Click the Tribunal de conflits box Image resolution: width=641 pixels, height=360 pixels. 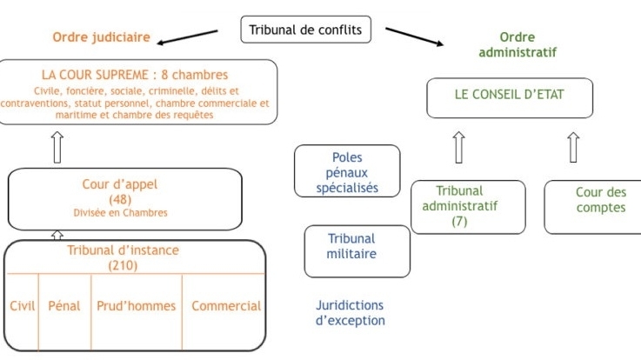305,30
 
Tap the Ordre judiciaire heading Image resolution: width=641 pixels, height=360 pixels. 102,37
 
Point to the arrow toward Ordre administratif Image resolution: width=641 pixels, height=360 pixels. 416,38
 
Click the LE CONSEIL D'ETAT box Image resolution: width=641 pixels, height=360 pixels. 510,97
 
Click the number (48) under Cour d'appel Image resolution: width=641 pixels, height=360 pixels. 120,199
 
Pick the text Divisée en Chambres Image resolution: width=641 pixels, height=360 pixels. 120,212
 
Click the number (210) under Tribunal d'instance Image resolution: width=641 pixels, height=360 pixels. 123,265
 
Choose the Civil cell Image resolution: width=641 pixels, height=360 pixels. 22,306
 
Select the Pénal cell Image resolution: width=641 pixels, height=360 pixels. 64,306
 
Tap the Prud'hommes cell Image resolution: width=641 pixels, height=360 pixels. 137,306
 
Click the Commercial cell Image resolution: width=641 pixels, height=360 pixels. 225,306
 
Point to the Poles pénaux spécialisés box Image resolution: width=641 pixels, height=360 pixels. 347,171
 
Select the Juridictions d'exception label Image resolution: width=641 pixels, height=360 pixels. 349,313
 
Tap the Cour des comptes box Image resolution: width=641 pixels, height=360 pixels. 593,206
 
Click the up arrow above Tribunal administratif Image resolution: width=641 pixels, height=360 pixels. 458,148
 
